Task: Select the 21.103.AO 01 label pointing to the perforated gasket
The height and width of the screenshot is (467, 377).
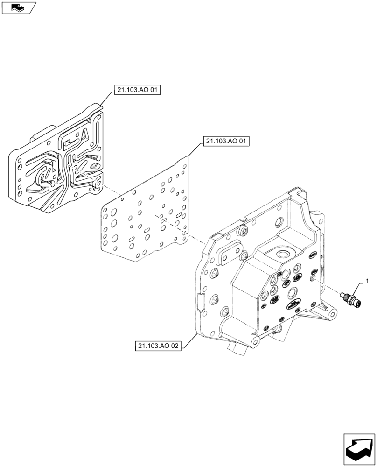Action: click(226, 141)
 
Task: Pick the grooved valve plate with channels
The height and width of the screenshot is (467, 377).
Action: click(61, 163)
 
